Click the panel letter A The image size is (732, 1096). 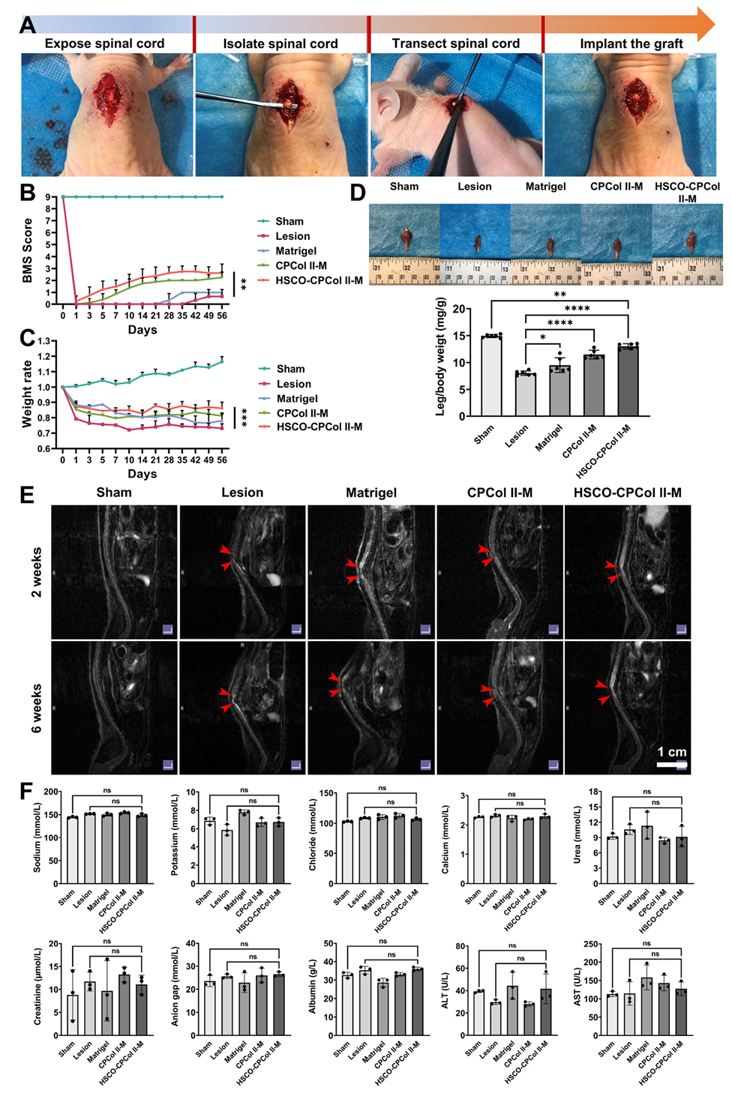click(x=27, y=25)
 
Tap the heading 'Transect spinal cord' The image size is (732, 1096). click(x=455, y=43)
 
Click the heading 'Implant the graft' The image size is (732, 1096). click(x=631, y=43)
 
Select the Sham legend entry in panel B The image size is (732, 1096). click(x=289, y=221)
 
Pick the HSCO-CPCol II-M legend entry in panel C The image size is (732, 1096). click(x=319, y=427)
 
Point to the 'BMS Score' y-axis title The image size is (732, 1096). click(x=28, y=250)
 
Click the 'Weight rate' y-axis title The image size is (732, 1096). click(x=28, y=394)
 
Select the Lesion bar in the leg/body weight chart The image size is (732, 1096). click(x=525, y=394)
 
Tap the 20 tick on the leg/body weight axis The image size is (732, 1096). click(x=458, y=309)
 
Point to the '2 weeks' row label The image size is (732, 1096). click(x=37, y=572)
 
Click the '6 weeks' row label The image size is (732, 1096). click(x=37, y=708)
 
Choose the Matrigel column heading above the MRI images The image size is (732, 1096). click(x=371, y=493)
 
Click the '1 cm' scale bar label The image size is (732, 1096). click(x=672, y=752)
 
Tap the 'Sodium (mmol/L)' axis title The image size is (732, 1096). click(x=37, y=837)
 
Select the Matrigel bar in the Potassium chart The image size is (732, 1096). click(x=244, y=847)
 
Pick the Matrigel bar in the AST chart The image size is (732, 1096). click(x=646, y=1007)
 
